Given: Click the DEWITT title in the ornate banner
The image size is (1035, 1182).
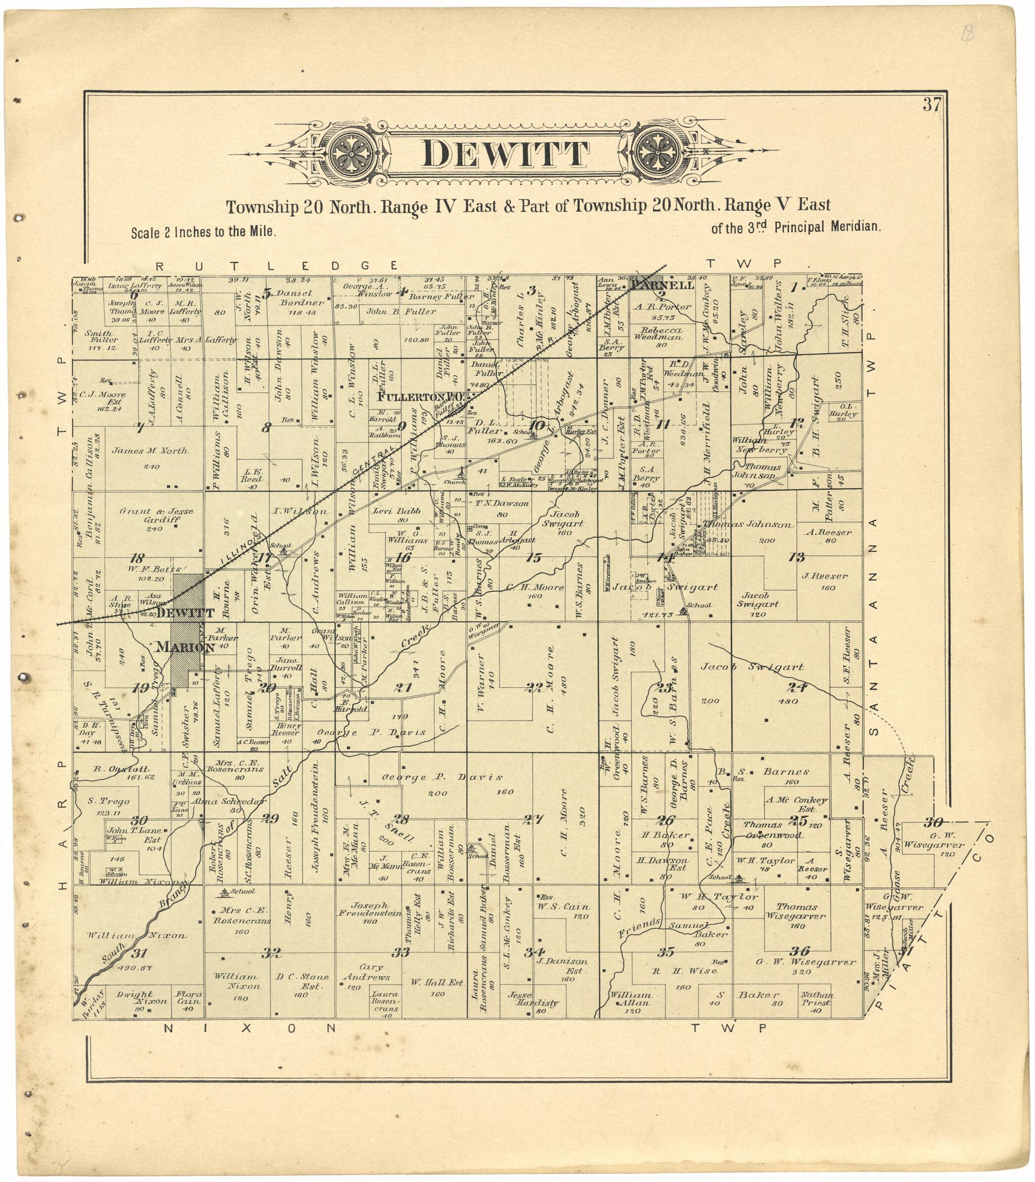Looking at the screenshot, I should pyautogui.click(x=506, y=154).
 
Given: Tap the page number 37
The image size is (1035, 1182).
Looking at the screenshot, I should pyautogui.click(x=932, y=105).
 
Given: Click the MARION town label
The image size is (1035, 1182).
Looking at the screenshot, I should pyautogui.click(x=185, y=647).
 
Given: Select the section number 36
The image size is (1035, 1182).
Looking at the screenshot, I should pyautogui.click(x=800, y=951).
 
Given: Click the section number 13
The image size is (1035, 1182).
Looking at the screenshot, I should pyautogui.click(x=797, y=557).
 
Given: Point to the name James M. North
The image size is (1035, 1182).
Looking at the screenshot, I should pyautogui.click(x=149, y=451).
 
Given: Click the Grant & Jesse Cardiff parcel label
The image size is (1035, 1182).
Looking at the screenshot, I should pyautogui.click(x=156, y=515).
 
